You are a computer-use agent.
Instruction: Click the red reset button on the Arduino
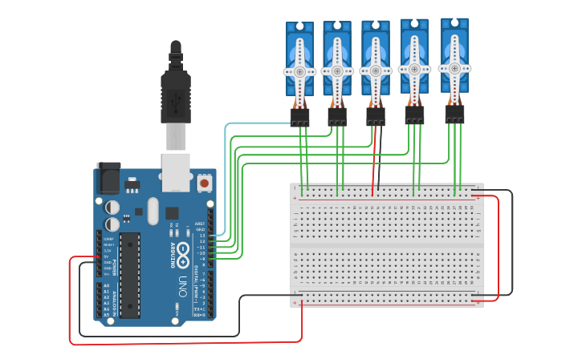pos(204,184)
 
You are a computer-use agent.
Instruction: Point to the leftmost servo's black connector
pos(300,118)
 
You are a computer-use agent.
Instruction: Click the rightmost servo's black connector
pos(454,114)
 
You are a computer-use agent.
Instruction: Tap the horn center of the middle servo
pos(375,70)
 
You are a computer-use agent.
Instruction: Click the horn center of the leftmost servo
pos(300,71)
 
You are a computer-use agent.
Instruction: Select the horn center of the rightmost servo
pos(454,67)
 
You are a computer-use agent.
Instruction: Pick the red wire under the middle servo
pos(372,164)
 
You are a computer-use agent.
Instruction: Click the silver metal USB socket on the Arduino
pos(175,172)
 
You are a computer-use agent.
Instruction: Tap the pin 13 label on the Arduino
pos(202,236)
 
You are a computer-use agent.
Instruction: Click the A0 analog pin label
pos(106,286)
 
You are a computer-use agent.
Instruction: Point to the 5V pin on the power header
pos(106,256)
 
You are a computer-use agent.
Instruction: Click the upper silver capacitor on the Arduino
pos(112,205)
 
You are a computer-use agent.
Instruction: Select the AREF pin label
pos(200,224)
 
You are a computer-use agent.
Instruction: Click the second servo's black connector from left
pos(337,118)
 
